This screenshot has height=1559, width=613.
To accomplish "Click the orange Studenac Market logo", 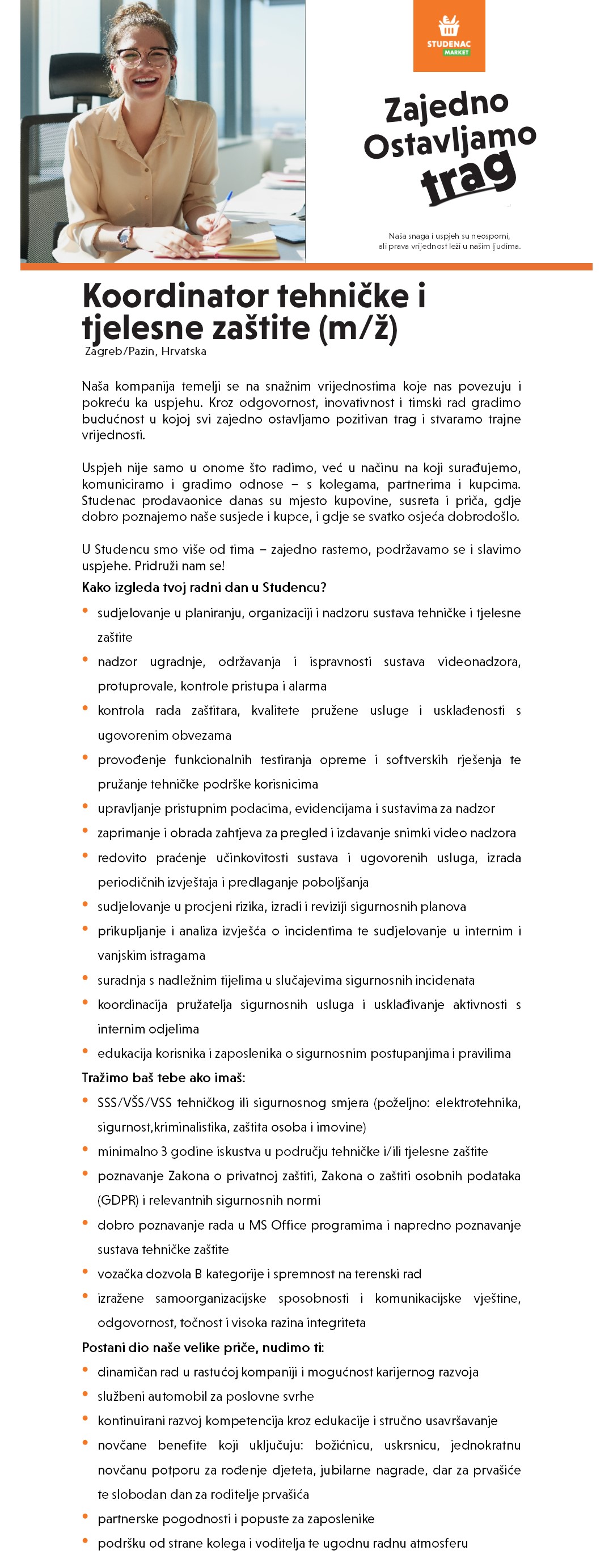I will pyautogui.click(x=449, y=36).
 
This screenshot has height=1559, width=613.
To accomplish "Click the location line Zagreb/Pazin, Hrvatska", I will pyautogui.click(x=145, y=351).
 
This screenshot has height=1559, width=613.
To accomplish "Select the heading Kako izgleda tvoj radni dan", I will pyautogui.click(x=204, y=587).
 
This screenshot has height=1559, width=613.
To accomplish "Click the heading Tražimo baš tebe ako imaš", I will pyautogui.click(x=163, y=1077).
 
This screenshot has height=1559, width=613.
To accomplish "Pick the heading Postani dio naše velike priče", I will pyautogui.click(x=202, y=1347).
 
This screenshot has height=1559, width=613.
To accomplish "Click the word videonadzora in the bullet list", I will pyautogui.click(x=479, y=662).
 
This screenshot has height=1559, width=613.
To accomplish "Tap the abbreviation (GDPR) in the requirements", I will pyautogui.click(x=118, y=1200).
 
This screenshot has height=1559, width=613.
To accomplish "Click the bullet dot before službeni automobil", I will pyautogui.click(x=85, y=1395).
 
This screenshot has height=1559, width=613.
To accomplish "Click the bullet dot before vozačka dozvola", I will pyautogui.click(x=85, y=1272).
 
